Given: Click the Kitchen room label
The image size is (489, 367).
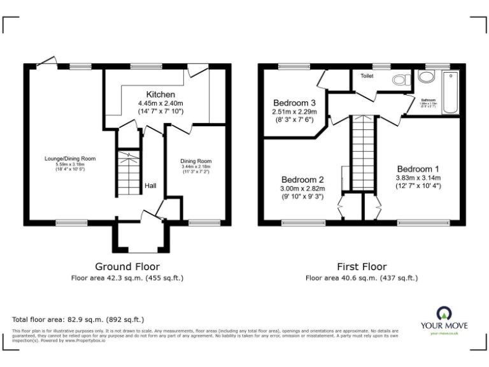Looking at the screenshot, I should (160, 94).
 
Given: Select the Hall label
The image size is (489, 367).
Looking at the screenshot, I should (150, 185).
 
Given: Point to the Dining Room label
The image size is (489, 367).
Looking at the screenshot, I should (197, 161).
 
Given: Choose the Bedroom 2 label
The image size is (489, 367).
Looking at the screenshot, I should (303, 179).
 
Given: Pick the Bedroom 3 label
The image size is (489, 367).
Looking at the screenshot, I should (295, 103).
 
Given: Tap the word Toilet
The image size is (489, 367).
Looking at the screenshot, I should (367, 76).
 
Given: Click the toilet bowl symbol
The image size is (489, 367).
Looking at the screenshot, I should (400, 80).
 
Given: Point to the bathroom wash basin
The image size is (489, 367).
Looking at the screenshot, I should (425, 77).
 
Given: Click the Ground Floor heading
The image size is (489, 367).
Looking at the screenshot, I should (127, 266).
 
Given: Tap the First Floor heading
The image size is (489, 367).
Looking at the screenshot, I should (362, 266).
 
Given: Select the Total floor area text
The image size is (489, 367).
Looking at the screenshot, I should (78, 319).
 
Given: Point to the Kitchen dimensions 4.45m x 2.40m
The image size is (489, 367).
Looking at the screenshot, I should (160, 104).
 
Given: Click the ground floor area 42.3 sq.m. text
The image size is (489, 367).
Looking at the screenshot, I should (127, 278).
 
